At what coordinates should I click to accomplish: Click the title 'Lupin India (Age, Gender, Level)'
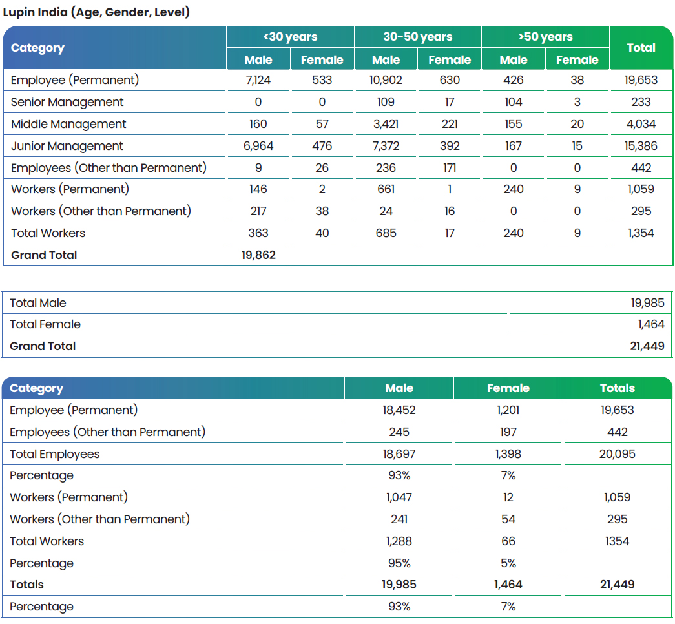96,12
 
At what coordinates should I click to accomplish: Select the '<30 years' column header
290,37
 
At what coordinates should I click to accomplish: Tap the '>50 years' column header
545,37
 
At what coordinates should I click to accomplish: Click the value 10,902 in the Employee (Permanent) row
386,80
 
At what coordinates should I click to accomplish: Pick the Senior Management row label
67,102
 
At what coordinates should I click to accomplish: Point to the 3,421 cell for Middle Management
386,124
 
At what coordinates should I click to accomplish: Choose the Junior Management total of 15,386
641,146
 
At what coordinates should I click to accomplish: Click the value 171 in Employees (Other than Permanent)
450,168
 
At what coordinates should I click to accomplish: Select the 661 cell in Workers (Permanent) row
386,189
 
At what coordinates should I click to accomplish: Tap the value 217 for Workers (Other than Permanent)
258,211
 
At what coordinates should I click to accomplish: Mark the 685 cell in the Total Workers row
386,233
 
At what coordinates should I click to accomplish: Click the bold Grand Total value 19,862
258,255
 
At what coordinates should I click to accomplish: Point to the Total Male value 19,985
647,303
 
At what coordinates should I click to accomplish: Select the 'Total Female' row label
45,324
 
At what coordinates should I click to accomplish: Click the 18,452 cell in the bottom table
399,410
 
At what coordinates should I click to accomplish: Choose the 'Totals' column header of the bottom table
618,388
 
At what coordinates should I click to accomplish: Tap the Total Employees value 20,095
618,454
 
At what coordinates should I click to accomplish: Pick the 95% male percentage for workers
399,563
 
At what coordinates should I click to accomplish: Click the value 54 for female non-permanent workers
508,519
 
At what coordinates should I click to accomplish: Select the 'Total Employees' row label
55,454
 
